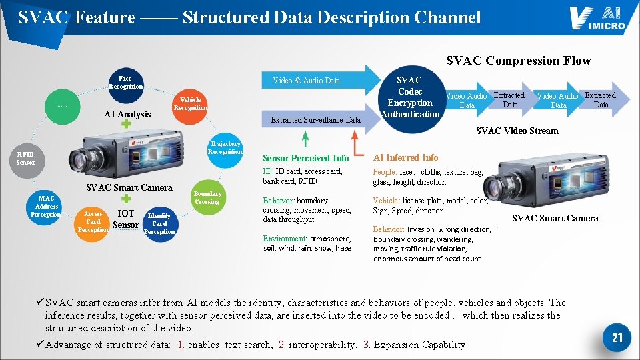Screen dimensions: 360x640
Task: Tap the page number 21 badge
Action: tap(617, 337)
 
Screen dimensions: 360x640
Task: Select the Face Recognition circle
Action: tap(125, 83)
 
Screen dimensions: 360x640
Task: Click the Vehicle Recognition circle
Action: tap(190, 103)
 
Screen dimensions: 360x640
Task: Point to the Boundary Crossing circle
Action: tap(207, 198)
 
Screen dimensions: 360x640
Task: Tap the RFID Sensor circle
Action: tap(26, 159)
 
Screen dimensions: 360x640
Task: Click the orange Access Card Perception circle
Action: tap(93, 223)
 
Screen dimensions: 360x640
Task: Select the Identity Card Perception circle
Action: tap(159, 224)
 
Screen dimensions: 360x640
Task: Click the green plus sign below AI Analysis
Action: tap(126, 125)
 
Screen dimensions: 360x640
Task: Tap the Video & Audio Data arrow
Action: tap(313, 81)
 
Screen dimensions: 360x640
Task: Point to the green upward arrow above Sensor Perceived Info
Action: tap(305, 139)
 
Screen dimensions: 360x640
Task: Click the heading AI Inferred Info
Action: tap(405, 157)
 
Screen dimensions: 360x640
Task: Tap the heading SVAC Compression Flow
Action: tap(518, 61)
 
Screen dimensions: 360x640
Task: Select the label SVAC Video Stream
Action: tap(517, 131)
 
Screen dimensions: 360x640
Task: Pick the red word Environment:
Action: tap(283, 239)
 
